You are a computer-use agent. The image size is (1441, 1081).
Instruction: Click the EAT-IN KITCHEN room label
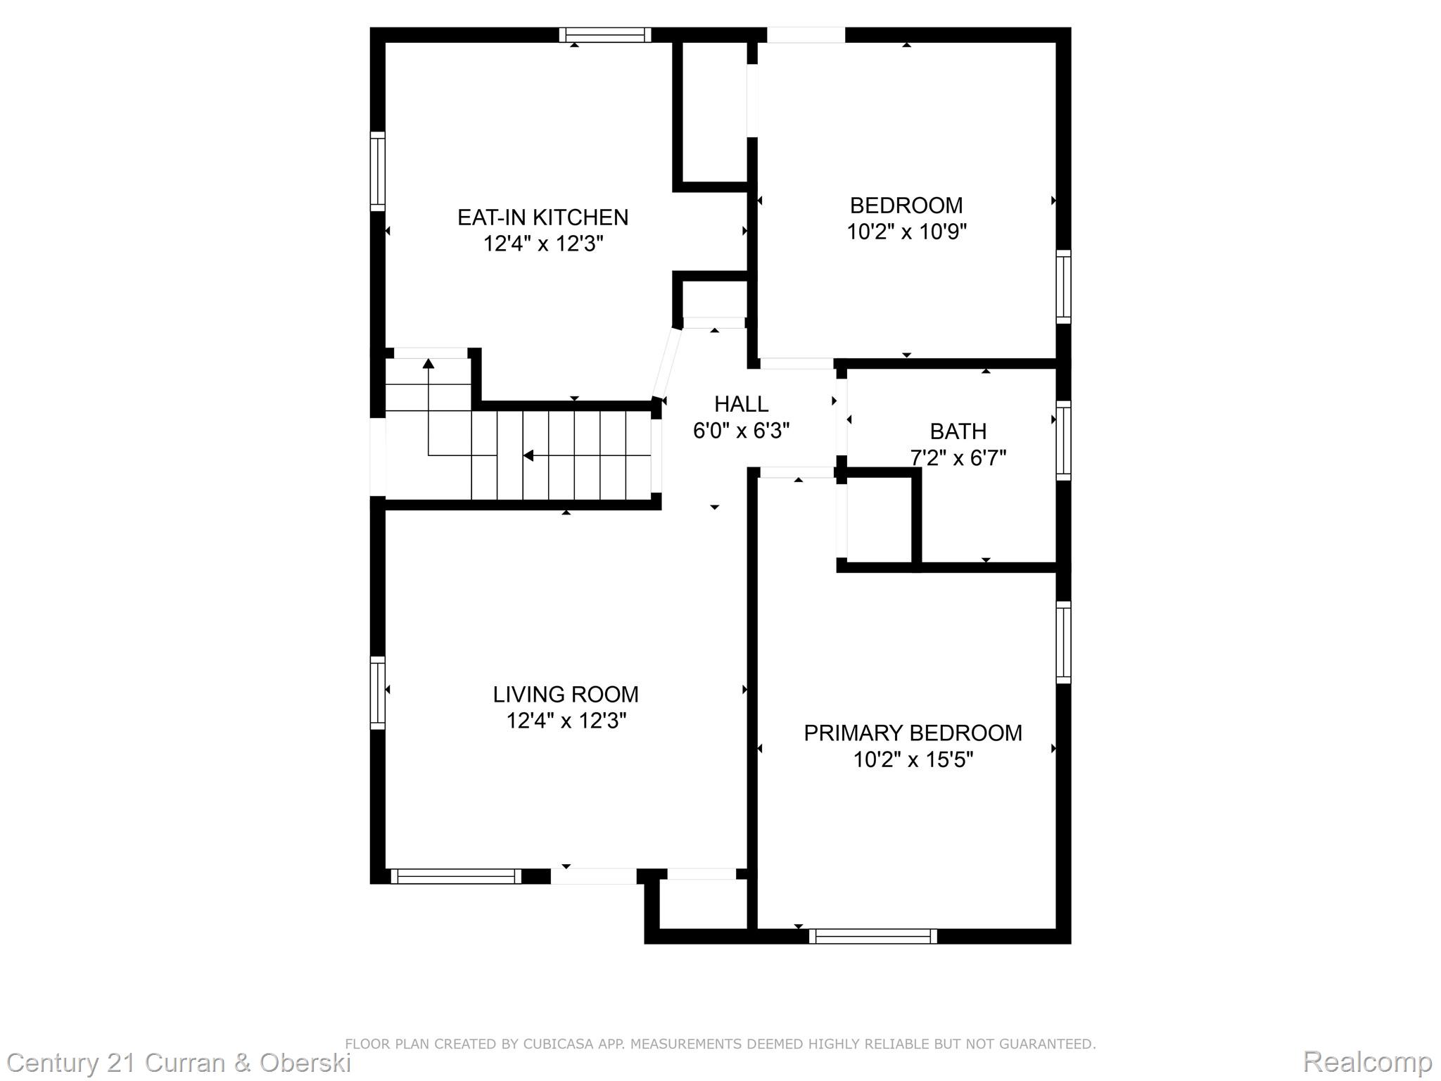pyautogui.click(x=542, y=217)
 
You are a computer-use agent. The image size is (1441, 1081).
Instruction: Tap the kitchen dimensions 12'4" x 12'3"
pyautogui.click(x=542, y=244)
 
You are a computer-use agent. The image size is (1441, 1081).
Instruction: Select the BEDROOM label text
pyautogui.click(x=906, y=206)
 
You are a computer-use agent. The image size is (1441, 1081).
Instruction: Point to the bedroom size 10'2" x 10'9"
pyautogui.click(x=906, y=232)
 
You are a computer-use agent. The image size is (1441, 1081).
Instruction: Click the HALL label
pyautogui.click(x=741, y=404)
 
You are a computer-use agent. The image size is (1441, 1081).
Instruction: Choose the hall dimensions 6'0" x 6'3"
pyautogui.click(x=741, y=431)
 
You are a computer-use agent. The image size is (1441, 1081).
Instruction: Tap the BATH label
pyautogui.click(x=958, y=431)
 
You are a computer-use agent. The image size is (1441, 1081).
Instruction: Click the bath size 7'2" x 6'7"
pyautogui.click(x=958, y=458)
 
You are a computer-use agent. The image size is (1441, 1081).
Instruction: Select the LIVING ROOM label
pyautogui.click(x=566, y=695)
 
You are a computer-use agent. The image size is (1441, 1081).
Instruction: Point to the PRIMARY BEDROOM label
pyautogui.click(x=913, y=733)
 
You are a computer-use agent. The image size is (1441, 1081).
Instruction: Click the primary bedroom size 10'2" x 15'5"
pyautogui.click(x=913, y=760)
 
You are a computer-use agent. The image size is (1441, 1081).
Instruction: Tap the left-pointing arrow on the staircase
pyautogui.click(x=528, y=456)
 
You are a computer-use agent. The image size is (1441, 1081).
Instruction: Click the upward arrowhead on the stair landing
pyautogui.click(x=428, y=363)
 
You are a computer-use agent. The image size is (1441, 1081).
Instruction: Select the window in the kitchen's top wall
pyautogui.click(x=605, y=35)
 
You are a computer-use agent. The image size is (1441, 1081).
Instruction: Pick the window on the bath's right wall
pyautogui.click(x=1063, y=441)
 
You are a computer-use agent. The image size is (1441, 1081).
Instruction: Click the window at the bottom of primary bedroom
pyautogui.click(x=872, y=936)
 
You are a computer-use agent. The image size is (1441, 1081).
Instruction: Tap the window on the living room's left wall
pyautogui.click(x=378, y=693)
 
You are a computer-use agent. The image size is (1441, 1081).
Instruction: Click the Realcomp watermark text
pyautogui.click(x=1367, y=1061)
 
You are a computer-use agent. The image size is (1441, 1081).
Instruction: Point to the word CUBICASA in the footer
pyautogui.click(x=557, y=1044)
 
